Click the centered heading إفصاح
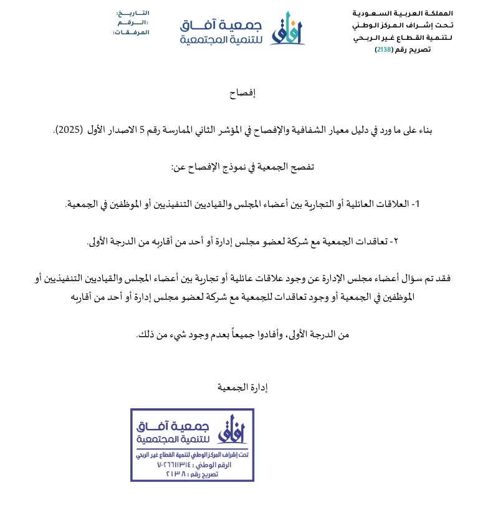pyautogui.click(x=243, y=94)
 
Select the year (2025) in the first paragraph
pyautogui.click(x=69, y=130)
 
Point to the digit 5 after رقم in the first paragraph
pyautogui.click(x=143, y=130)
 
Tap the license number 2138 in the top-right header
pyautogui.click(x=383, y=49)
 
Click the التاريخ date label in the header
pyautogui.click(x=133, y=13)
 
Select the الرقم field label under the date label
pyautogui.click(x=133, y=22)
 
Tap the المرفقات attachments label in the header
pyautogui.click(x=131, y=32)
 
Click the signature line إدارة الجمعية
pyautogui.click(x=242, y=387)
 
